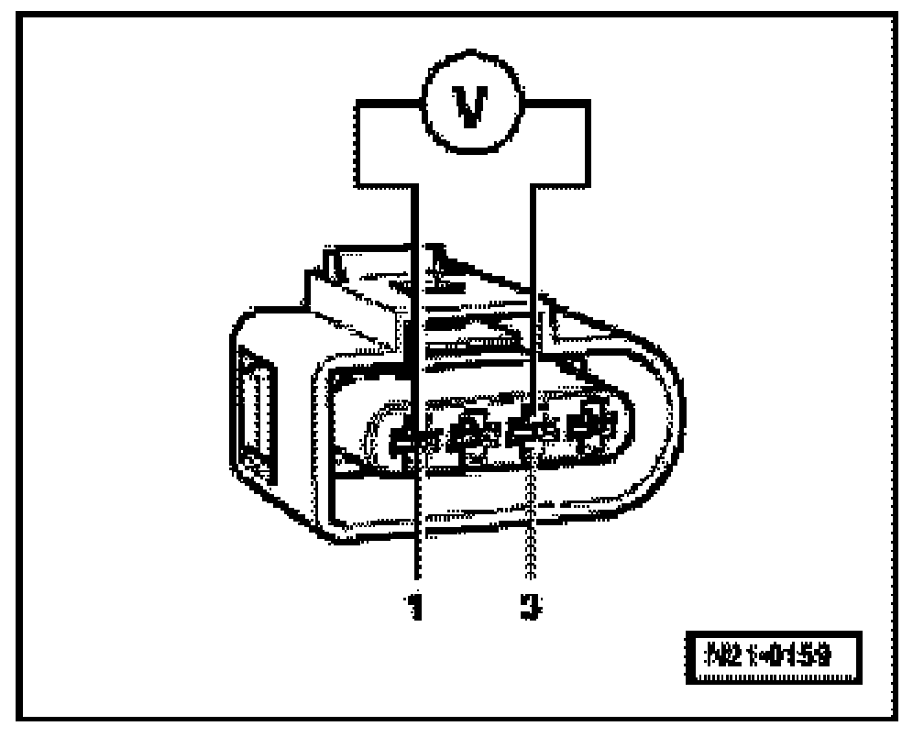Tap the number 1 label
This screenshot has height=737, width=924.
(416, 607)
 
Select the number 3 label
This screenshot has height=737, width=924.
(529, 607)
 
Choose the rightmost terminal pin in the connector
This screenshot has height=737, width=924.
(587, 426)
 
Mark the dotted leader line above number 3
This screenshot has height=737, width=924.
(529, 522)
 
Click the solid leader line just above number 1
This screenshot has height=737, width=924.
(417, 532)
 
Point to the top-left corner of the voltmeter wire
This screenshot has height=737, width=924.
(357, 107)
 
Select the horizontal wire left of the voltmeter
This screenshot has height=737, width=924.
(390, 107)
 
